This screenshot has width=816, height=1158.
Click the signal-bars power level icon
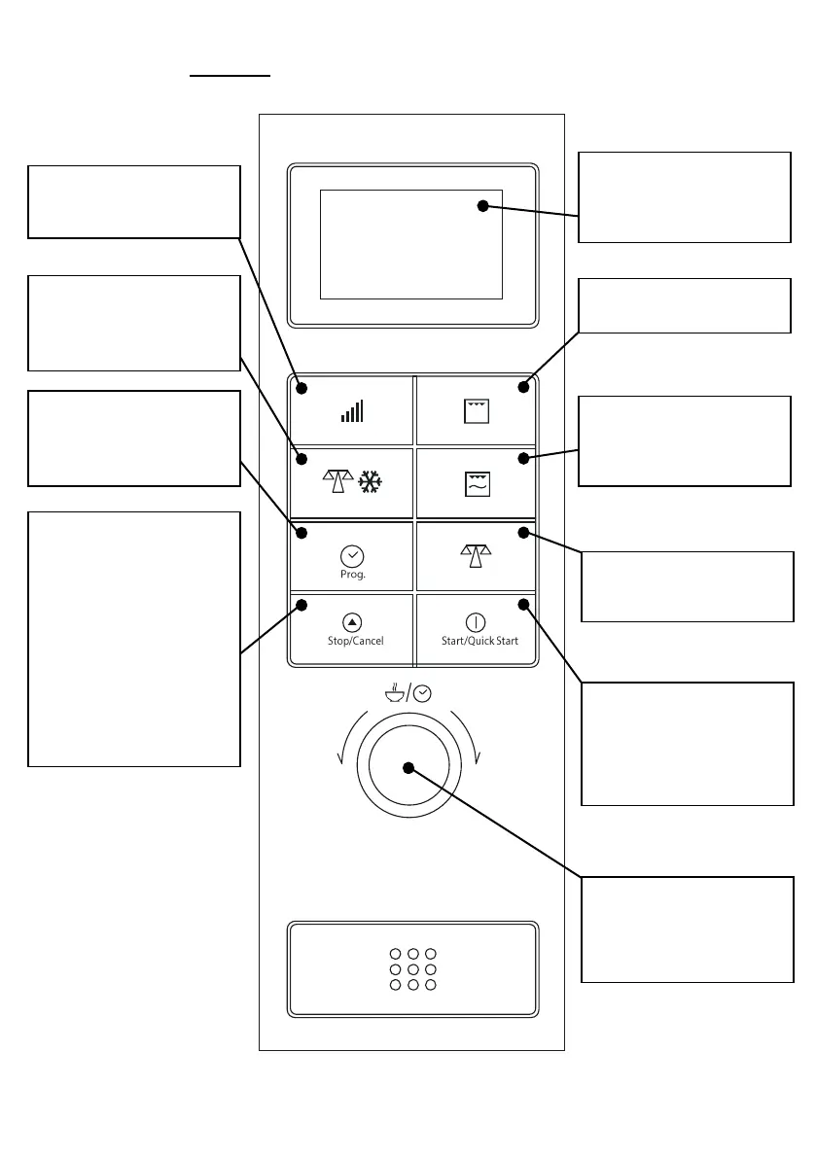352,410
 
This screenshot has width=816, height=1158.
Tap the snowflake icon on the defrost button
371,481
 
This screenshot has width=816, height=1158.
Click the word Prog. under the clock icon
352,574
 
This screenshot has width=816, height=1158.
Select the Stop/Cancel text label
355,641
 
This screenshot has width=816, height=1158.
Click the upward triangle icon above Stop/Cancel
352,622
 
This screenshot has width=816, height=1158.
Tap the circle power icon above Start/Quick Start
476,622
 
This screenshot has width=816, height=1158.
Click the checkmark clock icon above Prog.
352,555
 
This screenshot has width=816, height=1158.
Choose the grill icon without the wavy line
477,411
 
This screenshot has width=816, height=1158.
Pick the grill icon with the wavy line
477,483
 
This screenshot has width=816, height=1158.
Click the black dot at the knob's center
408,768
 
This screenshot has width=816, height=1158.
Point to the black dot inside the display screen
482,205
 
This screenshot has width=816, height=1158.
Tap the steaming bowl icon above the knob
393,693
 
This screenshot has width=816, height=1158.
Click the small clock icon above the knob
422,694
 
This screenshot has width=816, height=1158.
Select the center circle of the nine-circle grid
413,969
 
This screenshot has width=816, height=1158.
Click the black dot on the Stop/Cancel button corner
302,605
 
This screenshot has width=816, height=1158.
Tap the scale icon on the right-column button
477,555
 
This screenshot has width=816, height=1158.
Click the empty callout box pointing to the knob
687,929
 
